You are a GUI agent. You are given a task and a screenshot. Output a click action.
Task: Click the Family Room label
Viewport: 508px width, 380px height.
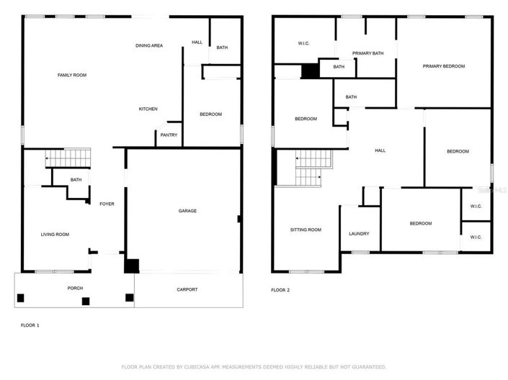point(72,75)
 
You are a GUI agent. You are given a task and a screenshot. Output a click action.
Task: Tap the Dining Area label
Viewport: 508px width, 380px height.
point(149,46)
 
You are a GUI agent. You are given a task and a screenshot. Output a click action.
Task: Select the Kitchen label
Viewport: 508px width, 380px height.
point(148,109)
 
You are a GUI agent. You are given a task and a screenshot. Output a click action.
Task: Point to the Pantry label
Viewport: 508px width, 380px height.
point(169,135)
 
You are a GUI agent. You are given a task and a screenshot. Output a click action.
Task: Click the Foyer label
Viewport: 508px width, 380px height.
point(107,204)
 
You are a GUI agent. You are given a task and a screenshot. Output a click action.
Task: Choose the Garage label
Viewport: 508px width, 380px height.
point(187,211)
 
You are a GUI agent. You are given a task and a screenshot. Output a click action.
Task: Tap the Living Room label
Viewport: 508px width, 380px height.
point(55,234)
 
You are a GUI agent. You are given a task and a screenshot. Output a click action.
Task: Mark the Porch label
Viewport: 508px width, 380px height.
point(76,288)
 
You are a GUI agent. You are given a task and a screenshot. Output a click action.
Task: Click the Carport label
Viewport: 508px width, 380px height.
point(187,289)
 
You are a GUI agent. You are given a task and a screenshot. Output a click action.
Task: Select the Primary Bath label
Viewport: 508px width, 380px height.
point(367,53)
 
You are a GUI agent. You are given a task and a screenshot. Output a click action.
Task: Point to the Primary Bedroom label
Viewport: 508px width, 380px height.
point(444,66)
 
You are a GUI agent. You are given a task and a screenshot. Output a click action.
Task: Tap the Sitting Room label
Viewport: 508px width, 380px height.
point(306,230)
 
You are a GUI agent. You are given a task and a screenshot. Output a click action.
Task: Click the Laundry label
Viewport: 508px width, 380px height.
point(359,234)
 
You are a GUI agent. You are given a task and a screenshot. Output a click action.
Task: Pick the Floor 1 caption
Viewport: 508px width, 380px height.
point(30,325)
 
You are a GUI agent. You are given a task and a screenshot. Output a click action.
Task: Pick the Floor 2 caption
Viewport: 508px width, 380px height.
point(280,290)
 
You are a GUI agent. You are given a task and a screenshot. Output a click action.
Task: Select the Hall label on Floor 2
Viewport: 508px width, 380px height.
point(380,150)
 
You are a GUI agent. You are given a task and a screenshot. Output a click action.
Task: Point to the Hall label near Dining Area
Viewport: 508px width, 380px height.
point(197,42)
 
